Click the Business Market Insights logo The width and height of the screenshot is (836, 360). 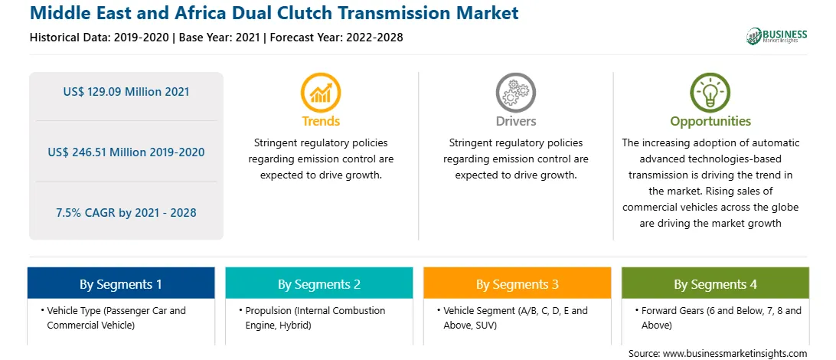pyautogui.click(x=776, y=36)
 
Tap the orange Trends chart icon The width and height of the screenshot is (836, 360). pyautogui.click(x=321, y=92)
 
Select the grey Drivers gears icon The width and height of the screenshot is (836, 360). pyautogui.click(x=515, y=92)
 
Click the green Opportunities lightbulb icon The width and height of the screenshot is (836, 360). pyautogui.click(x=710, y=92)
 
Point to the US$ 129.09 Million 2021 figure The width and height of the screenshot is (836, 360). pyautogui.click(x=126, y=92)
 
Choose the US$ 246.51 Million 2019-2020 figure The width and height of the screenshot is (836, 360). pyautogui.click(x=126, y=152)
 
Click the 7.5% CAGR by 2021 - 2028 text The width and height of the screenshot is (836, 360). pyautogui.click(x=126, y=213)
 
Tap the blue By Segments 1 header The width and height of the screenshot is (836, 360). pyautogui.click(x=121, y=283)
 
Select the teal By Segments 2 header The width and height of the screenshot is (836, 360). pyautogui.click(x=318, y=283)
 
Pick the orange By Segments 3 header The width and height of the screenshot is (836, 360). pyautogui.click(x=518, y=283)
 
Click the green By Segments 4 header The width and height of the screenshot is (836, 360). pyautogui.click(x=716, y=283)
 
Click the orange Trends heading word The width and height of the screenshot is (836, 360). pyautogui.click(x=321, y=121)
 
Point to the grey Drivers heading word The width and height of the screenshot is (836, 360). pyautogui.click(x=515, y=121)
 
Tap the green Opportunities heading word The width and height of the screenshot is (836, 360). pyautogui.click(x=710, y=122)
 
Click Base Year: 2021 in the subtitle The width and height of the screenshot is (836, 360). pyautogui.click(x=220, y=38)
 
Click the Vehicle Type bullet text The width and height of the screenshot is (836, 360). pyautogui.click(x=116, y=317)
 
